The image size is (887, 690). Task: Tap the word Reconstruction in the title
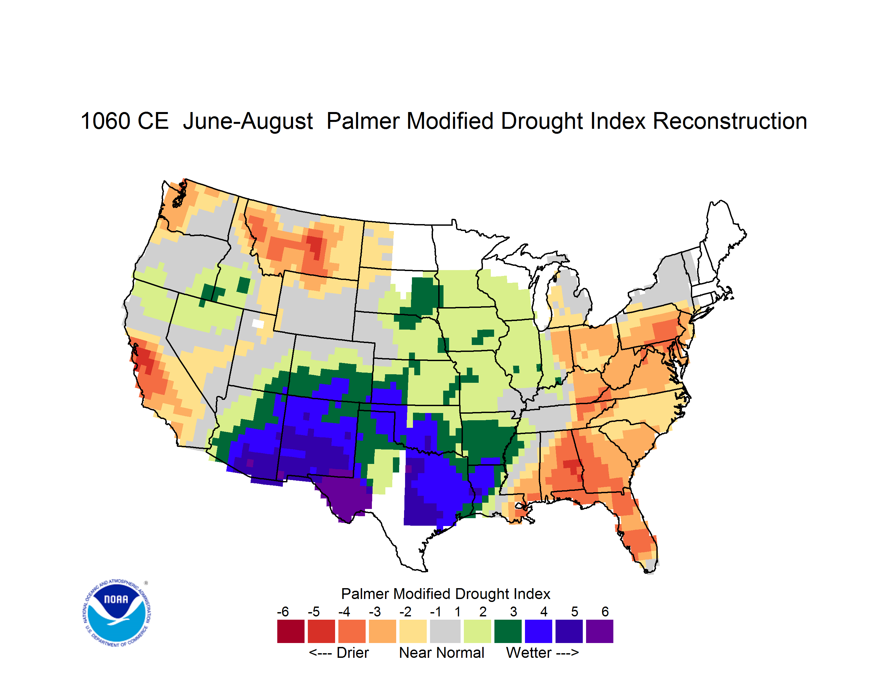click(730, 121)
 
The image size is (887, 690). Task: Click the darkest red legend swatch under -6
click(291, 631)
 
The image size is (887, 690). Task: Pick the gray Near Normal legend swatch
click(445, 631)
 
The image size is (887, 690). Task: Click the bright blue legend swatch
click(538, 631)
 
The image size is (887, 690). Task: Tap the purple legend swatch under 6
click(600, 631)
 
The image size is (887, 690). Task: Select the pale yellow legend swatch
click(413, 631)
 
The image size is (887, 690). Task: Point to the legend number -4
click(344, 611)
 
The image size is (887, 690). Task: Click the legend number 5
click(575, 611)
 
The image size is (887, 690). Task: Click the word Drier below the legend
click(353, 653)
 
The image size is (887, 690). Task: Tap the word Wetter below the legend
click(529, 653)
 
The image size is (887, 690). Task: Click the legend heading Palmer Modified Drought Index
click(445, 594)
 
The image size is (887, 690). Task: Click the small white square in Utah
click(258, 324)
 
